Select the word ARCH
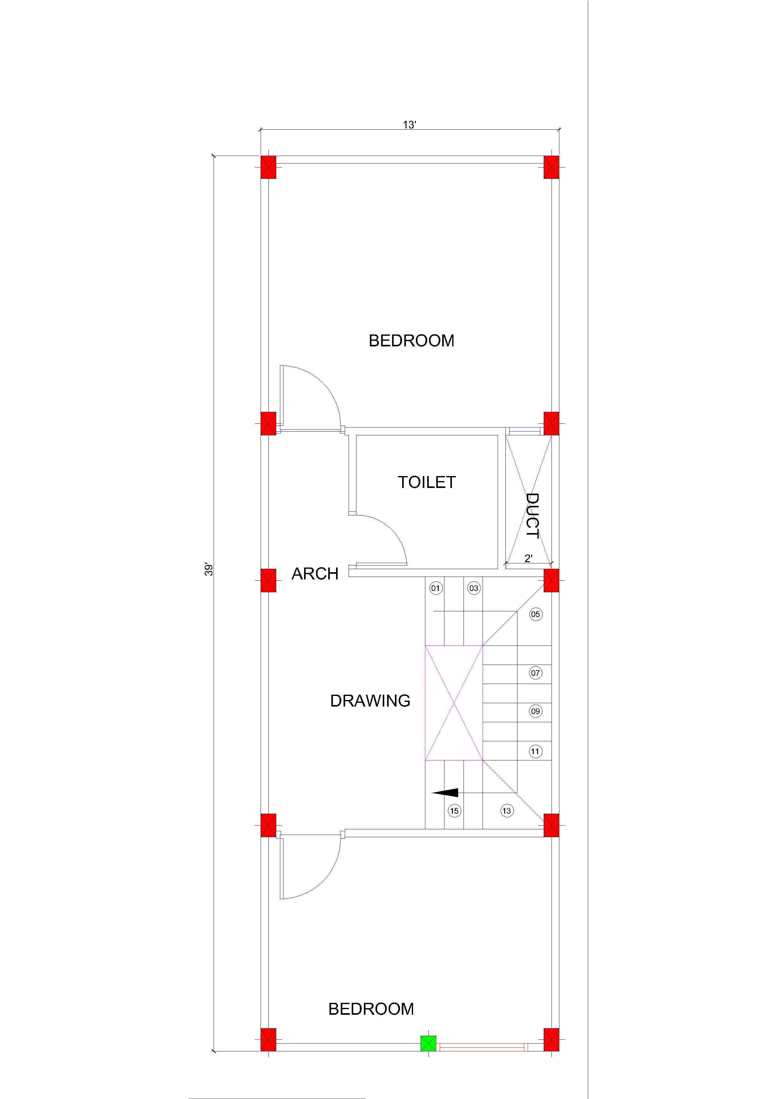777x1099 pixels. point(315,573)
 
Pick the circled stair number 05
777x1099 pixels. point(536,614)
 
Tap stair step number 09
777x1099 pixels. point(535,711)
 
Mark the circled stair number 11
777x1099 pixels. point(535,751)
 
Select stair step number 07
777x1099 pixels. point(535,673)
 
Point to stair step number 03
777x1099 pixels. point(474,588)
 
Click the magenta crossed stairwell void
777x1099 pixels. point(454,703)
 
